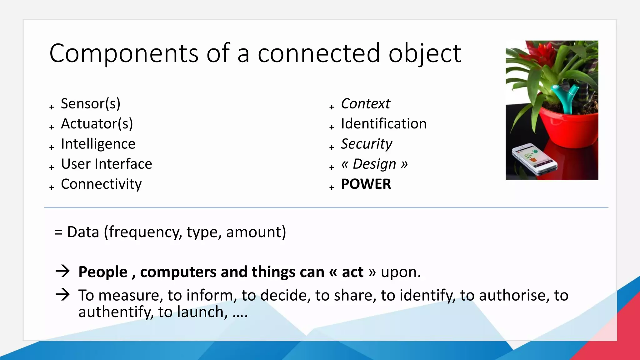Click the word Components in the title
pyautogui.click(x=124, y=53)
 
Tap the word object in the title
pyautogui.click(x=425, y=53)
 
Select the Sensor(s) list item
pyautogui.click(x=91, y=104)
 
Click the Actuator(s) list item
pyautogui.click(x=97, y=124)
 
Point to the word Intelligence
pyautogui.click(x=98, y=144)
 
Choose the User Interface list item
pyautogui.click(x=107, y=164)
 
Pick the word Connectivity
pyautogui.click(x=101, y=184)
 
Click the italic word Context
pyautogui.click(x=365, y=104)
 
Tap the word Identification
pyautogui.click(x=384, y=124)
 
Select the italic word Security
pyautogui.click(x=366, y=144)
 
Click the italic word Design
pyautogui.click(x=374, y=164)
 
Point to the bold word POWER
pyautogui.click(x=366, y=184)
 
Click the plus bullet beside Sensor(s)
pyautogui.click(x=52, y=107)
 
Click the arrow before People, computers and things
pyautogui.click(x=62, y=271)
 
